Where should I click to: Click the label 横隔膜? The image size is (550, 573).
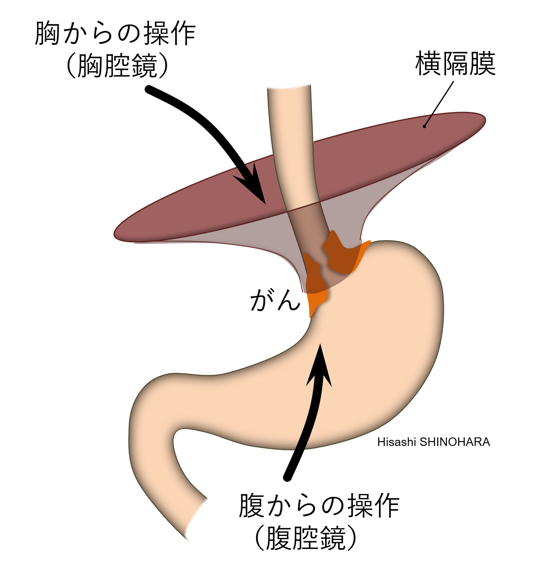(x=455, y=63)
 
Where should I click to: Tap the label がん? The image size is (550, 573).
(x=275, y=300)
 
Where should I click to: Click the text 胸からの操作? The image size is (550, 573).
(x=115, y=34)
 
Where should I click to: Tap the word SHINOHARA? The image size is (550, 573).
(x=455, y=442)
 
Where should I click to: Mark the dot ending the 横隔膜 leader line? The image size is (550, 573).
(x=425, y=127)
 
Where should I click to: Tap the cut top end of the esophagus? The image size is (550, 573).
(x=289, y=86)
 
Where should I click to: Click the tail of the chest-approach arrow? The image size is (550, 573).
(x=149, y=89)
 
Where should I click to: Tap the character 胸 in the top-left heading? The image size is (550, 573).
(x=48, y=34)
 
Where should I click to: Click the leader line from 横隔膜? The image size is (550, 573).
(x=439, y=104)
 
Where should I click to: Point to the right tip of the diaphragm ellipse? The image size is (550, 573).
(x=486, y=119)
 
